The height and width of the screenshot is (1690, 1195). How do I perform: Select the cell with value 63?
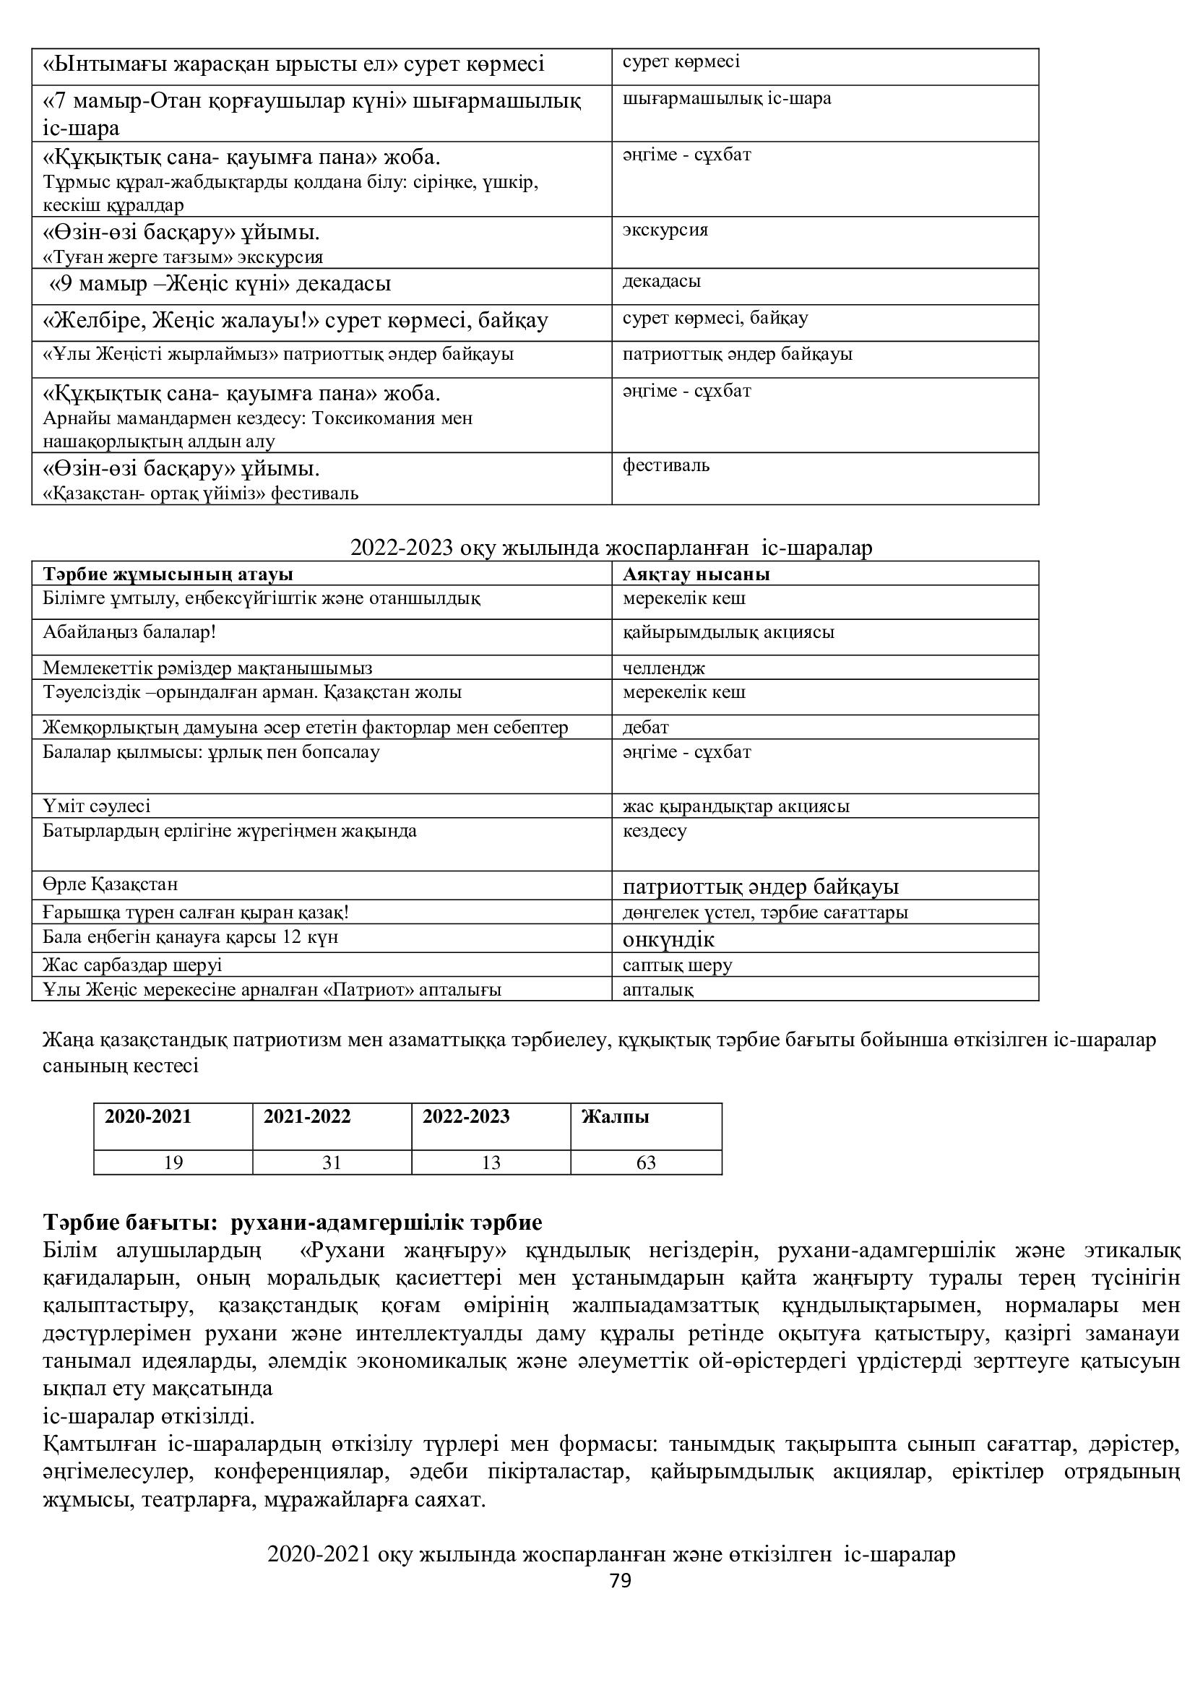pyautogui.click(x=645, y=1163)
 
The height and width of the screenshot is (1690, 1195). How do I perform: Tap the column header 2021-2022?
pyautogui.click(x=307, y=1116)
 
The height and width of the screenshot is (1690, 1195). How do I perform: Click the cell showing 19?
pyautogui.click(x=173, y=1163)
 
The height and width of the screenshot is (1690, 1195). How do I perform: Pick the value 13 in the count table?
pyautogui.click(x=490, y=1163)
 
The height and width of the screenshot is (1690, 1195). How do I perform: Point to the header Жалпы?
pyautogui.click(x=615, y=1116)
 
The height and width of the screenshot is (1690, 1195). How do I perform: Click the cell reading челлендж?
pyautogui.click(x=664, y=668)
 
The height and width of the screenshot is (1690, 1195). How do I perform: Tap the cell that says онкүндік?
pyautogui.click(x=668, y=940)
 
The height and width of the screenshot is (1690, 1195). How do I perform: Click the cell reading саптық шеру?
pyautogui.click(x=677, y=965)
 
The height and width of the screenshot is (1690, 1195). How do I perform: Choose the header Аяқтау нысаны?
pyautogui.click(x=696, y=574)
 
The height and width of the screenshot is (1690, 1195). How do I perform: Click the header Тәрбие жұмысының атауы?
pyautogui.click(x=168, y=574)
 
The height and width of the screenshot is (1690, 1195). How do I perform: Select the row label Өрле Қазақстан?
pyautogui.click(x=111, y=884)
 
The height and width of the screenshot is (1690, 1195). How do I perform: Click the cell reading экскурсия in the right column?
pyautogui.click(x=665, y=230)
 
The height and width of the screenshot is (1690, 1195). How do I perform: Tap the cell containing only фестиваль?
pyautogui.click(x=666, y=465)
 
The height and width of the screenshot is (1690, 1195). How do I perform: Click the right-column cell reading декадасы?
pyautogui.click(x=662, y=281)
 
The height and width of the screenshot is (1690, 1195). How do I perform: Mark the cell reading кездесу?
pyautogui.click(x=654, y=831)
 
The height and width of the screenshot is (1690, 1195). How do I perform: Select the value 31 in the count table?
pyautogui.click(x=332, y=1163)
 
